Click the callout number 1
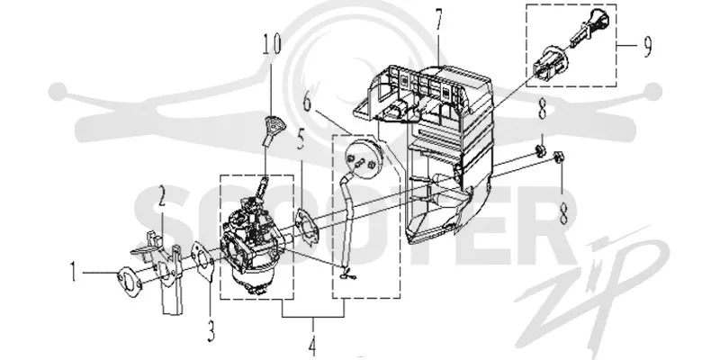click(74, 272)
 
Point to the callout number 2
click(161, 197)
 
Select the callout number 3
click(211, 330)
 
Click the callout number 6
click(307, 101)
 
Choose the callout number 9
click(647, 47)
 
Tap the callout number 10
click(272, 44)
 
